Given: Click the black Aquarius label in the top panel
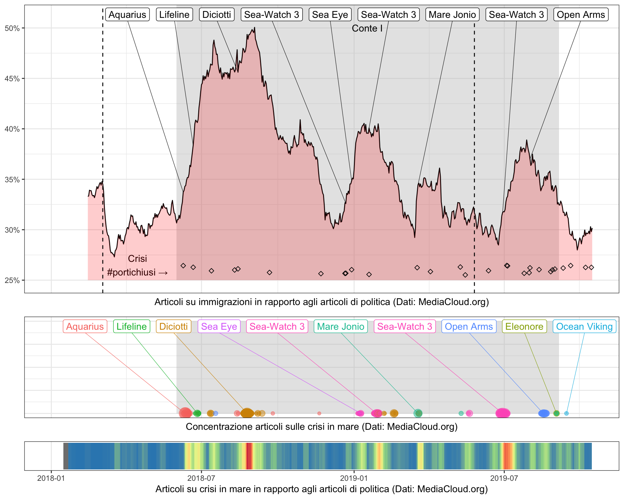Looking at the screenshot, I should [127, 15].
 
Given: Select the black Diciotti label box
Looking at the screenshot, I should [216, 15].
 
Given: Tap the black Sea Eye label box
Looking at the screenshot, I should [330, 15].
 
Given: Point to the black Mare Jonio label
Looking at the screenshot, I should [452, 15].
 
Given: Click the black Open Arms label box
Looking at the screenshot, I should [581, 15].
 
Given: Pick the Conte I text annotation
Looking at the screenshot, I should [367, 29].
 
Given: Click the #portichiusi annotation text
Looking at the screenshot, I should [137, 272].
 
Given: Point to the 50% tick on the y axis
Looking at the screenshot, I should [12, 28].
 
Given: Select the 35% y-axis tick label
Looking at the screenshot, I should [12, 180].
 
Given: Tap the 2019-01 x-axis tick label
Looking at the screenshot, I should [354, 478].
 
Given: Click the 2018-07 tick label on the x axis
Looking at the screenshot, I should [201, 478].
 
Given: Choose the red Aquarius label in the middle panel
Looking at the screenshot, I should [85, 326].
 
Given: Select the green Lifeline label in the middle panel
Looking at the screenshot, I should [132, 326].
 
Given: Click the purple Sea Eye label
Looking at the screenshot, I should [219, 326].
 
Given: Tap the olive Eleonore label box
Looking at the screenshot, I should [524, 326].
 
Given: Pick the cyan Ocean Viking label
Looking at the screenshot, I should [584, 326].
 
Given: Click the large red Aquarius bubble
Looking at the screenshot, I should [185, 413].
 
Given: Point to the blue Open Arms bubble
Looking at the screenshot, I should [544, 413].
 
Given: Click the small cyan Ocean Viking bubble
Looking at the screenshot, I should [566, 413].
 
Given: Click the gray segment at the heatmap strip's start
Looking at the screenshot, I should [66, 456].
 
